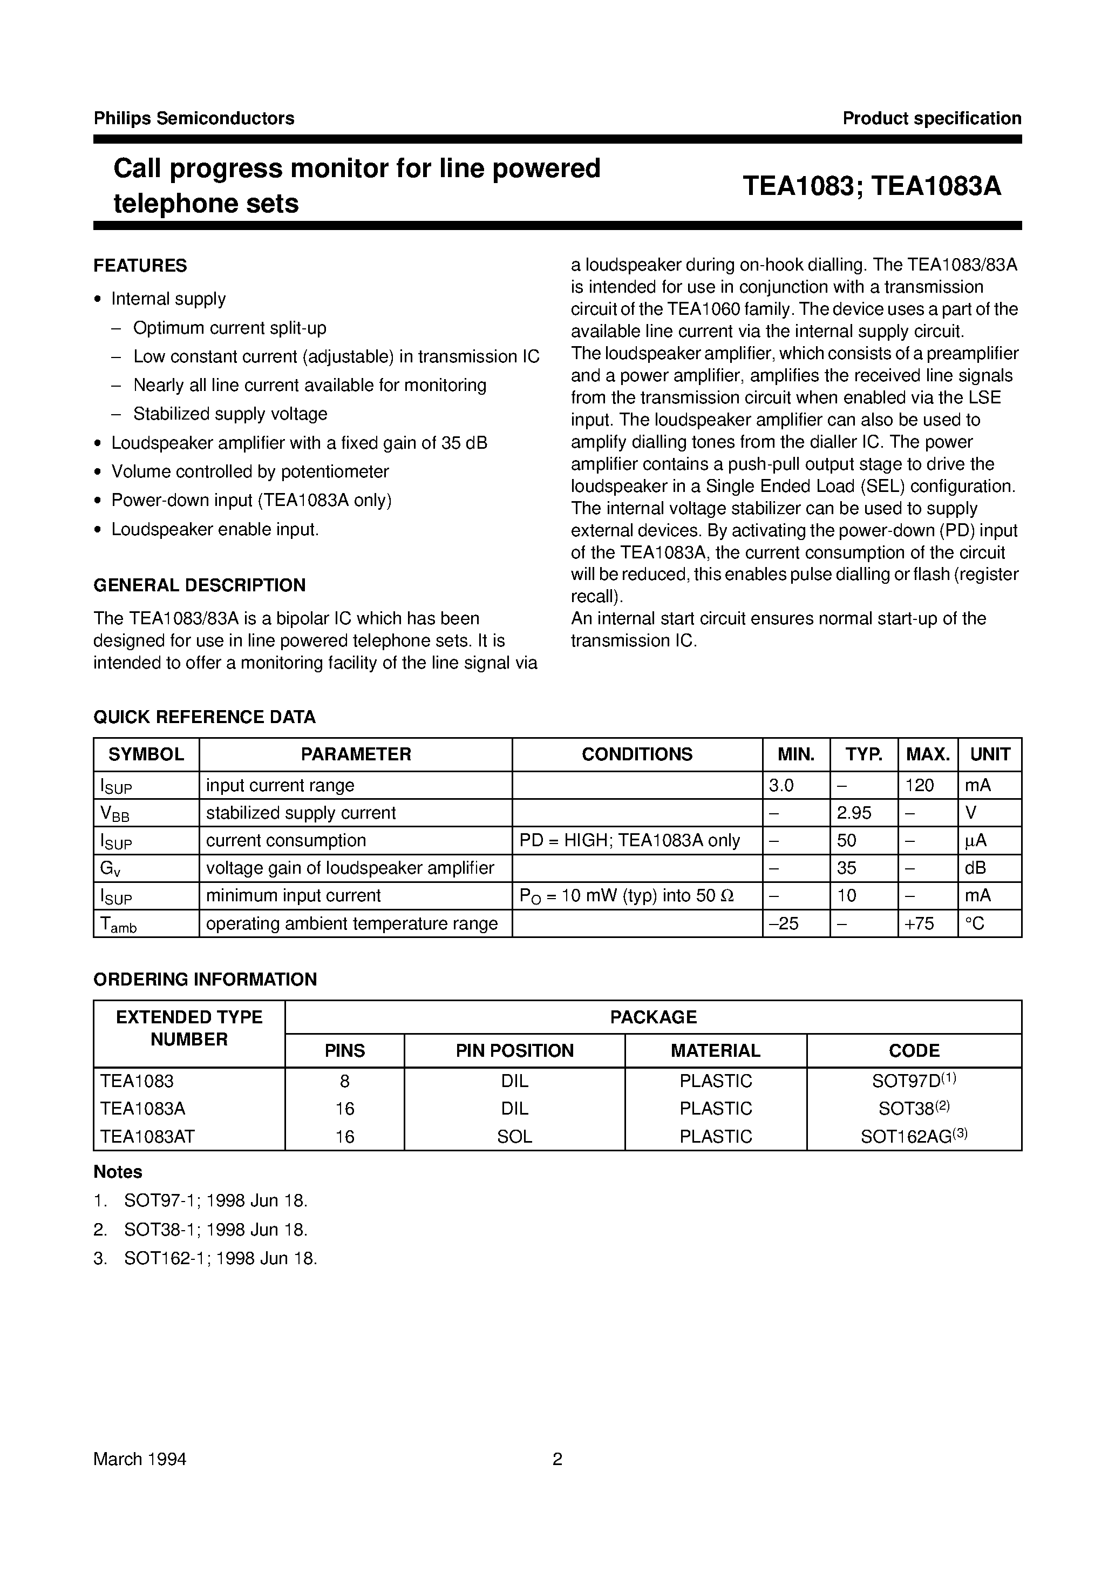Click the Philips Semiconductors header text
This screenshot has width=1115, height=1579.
(194, 118)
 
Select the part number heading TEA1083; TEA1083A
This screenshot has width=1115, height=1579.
(871, 186)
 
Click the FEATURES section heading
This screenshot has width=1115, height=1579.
(140, 266)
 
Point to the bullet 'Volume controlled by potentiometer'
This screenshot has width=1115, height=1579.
(250, 472)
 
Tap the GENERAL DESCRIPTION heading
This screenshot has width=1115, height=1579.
(199, 585)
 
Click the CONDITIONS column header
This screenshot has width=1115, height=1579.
(636, 754)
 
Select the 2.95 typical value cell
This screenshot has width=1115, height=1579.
(854, 813)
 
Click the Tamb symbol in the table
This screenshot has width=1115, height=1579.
(118, 925)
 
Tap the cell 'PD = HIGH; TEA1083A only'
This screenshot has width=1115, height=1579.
(630, 840)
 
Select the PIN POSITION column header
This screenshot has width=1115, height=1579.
(514, 1051)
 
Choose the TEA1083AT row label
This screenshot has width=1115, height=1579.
(147, 1137)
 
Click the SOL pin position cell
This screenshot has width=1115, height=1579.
(514, 1137)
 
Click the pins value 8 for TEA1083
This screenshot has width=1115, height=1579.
(344, 1082)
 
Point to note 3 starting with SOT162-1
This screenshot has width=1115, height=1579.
(220, 1259)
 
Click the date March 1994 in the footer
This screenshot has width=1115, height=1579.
(140, 1459)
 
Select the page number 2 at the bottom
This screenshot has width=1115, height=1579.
(557, 1459)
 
